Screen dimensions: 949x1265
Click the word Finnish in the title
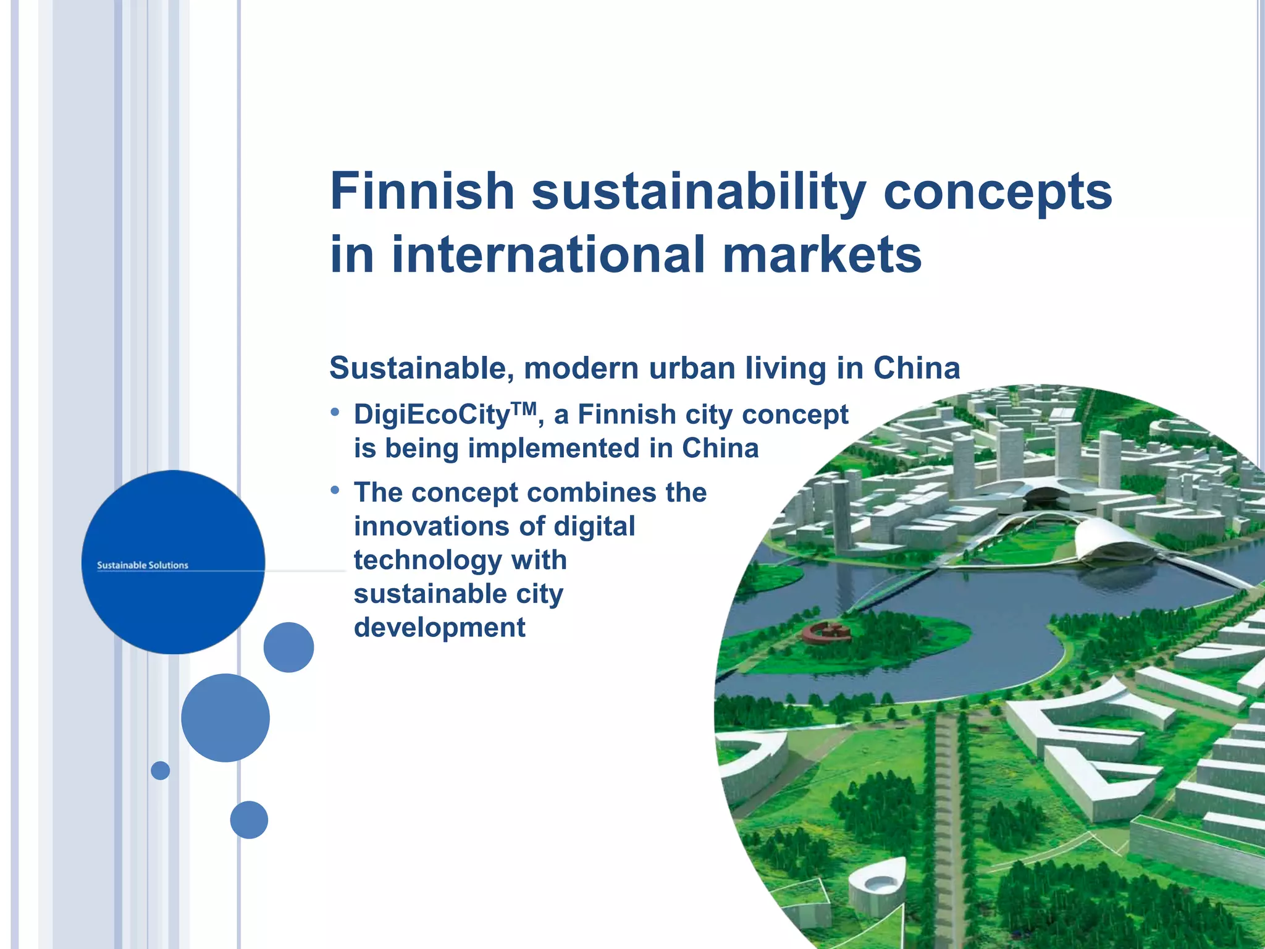click(x=422, y=191)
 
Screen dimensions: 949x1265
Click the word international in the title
click(x=548, y=255)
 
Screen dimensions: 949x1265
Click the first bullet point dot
click(x=335, y=411)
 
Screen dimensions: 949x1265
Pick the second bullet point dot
click(x=335, y=490)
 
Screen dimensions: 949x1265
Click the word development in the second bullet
click(x=439, y=628)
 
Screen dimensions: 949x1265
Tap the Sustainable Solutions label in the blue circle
click(x=143, y=565)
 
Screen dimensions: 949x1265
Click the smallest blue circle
click(x=161, y=770)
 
